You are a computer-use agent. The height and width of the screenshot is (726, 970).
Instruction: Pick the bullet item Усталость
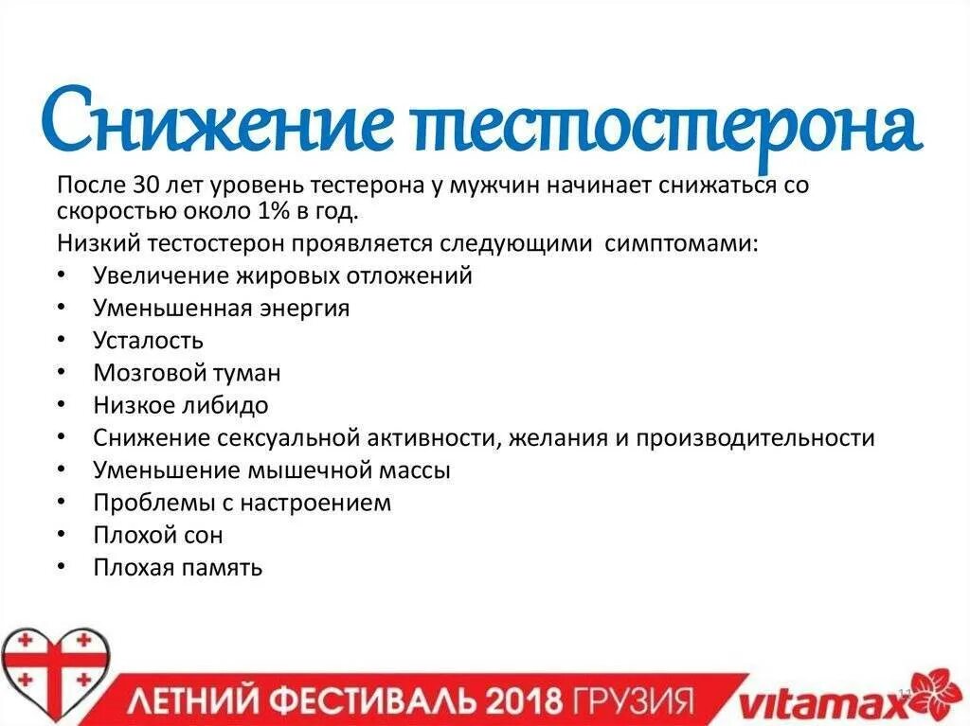(x=148, y=340)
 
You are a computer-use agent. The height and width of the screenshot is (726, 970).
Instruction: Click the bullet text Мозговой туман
(x=187, y=373)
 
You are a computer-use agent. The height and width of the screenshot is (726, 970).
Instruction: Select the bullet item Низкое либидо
(x=180, y=405)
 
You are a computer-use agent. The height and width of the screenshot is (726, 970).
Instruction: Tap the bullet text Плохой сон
(x=158, y=535)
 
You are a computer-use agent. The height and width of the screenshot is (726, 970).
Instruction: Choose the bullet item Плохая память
(x=177, y=567)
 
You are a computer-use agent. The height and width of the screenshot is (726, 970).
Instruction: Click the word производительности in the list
(x=755, y=438)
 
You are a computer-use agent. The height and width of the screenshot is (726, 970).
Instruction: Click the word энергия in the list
(x=303, y=308)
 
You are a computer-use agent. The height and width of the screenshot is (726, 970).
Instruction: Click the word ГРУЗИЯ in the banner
(x=631, y=701)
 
